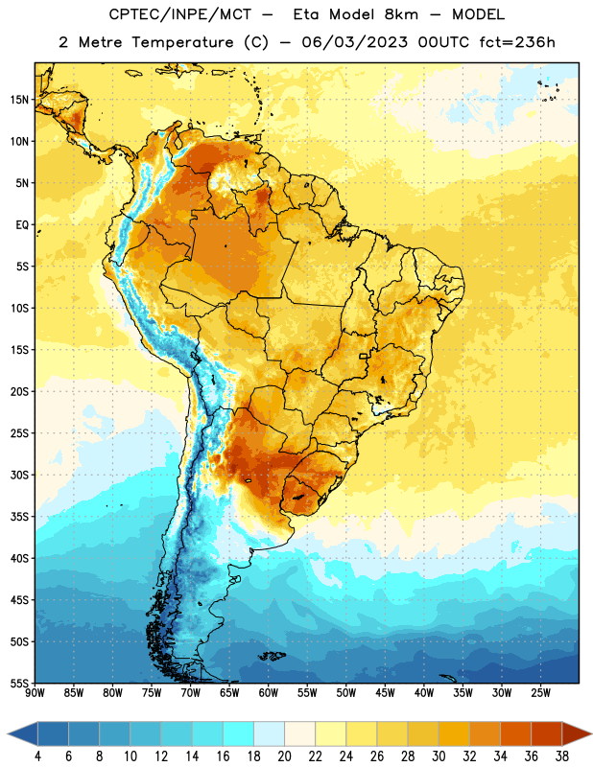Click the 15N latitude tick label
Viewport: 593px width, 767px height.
(x=19, y=100)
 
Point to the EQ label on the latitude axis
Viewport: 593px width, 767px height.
(x=22, y=225)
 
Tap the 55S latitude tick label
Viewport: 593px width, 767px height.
(x=19, y=683)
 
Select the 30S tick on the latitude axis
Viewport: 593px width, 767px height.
(x=19, y=475)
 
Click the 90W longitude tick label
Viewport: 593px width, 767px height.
(x=35, y=692)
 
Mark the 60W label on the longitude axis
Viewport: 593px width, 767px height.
(x=269, y=692)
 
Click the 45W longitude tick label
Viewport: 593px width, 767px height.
(x=385, y=692)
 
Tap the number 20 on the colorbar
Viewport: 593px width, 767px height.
(x=284, y=756)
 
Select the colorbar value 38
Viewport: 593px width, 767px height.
(x=562, y=756)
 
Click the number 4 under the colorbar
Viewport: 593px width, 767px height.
(x=37, y=756)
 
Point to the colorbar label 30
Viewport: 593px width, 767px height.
(x=439, y=756)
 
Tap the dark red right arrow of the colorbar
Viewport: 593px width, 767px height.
(x=577, y=733)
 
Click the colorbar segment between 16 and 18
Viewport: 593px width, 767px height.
(x=239, y=733)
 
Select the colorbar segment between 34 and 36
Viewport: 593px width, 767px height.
(x=516, y=733)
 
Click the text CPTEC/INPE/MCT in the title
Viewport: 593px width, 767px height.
(x=180, y=14)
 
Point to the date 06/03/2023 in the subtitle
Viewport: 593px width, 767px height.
(x=355, y=42)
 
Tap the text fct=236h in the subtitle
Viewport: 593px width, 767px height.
(x=517, y=42)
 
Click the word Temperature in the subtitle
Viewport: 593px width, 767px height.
(x=182, y=42)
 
